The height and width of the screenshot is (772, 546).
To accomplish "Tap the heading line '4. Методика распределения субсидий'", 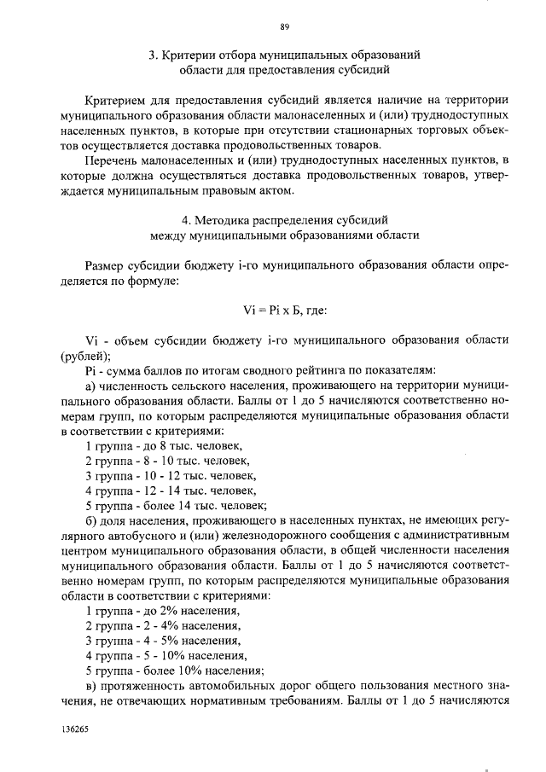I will pyautogui.click(x=284, y=219).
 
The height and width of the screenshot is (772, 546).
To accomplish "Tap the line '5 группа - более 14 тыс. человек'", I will pyautogui.click(x=177, y=505).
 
